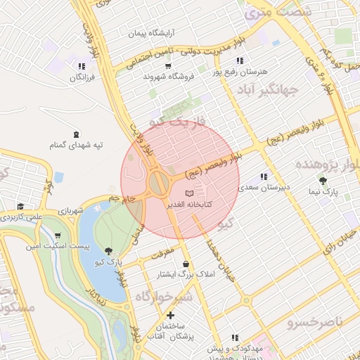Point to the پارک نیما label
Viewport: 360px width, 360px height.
323,191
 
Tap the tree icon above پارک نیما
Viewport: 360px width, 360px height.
323,181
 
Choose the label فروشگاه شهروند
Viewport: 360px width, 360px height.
169,76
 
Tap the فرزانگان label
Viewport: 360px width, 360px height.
82,77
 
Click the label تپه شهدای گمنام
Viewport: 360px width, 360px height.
77,145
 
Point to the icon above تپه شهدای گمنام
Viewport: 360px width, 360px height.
76,134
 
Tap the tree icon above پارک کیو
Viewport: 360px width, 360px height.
108,250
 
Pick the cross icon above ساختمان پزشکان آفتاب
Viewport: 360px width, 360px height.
170,314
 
